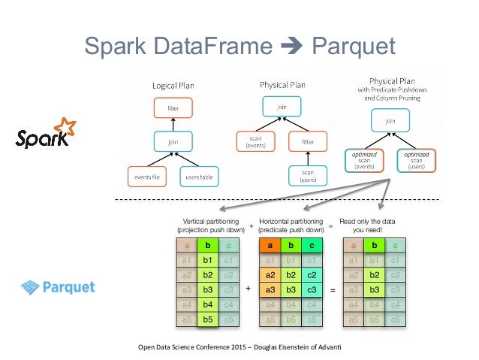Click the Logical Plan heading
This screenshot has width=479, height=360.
[x=173, y=85]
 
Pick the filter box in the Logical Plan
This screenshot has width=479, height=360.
[x=173, y=108]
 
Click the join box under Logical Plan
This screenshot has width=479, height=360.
[x=173, y=141]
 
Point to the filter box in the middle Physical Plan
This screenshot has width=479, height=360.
[x=308, y=141]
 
